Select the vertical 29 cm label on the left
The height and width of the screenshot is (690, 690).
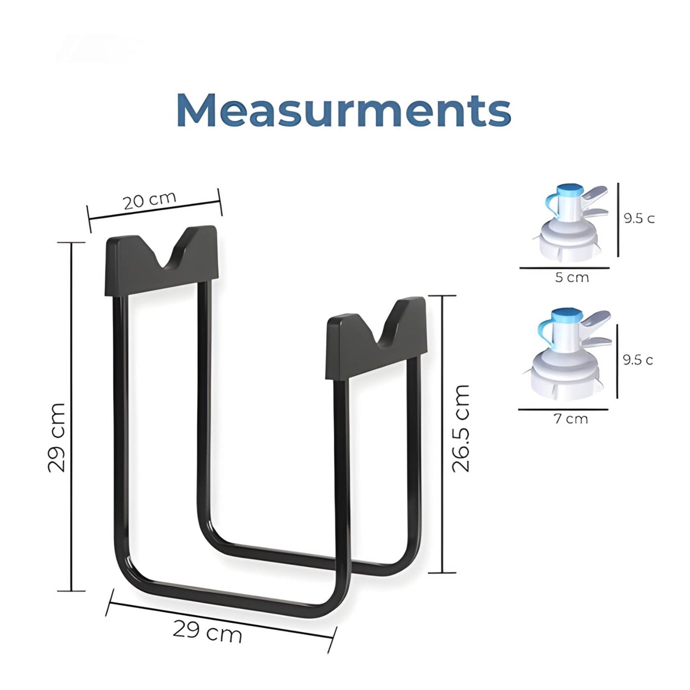coord(57,437)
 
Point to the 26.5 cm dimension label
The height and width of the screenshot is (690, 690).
coord(461,428)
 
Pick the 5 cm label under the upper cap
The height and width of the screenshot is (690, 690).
coord(572,277)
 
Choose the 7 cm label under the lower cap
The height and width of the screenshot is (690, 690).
coord(571,419)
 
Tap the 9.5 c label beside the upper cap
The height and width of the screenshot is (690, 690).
coord(639,219)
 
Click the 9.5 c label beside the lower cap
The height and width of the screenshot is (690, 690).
coord(637,360)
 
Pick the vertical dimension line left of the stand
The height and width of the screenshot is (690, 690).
coord(72,415)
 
